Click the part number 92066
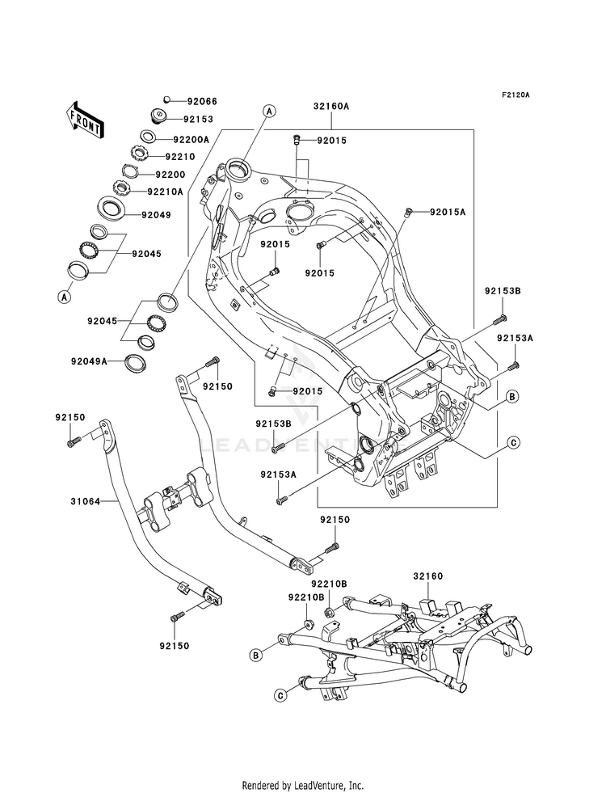click(x=202, y=101)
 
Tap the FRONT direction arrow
click(x=85, y=120)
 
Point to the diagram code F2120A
click(x=515, y=95)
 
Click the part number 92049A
click(x=89, y=361)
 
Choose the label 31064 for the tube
click(x=85, y=502)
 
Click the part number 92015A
click(x=448, y=212)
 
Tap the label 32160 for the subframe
click(x=427, y=576)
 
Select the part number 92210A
click(x=165, y=192)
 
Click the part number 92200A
click(x=191, y=139)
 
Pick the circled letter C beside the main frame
click(x=513, y=442)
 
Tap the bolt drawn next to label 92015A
click(x=408, y=213)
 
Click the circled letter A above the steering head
click(x=269, y=111)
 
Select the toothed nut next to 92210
click(x=138, y=152)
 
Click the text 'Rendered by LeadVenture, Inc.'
click(x=303, y=786)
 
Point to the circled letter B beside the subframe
click(x=256, y=656)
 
